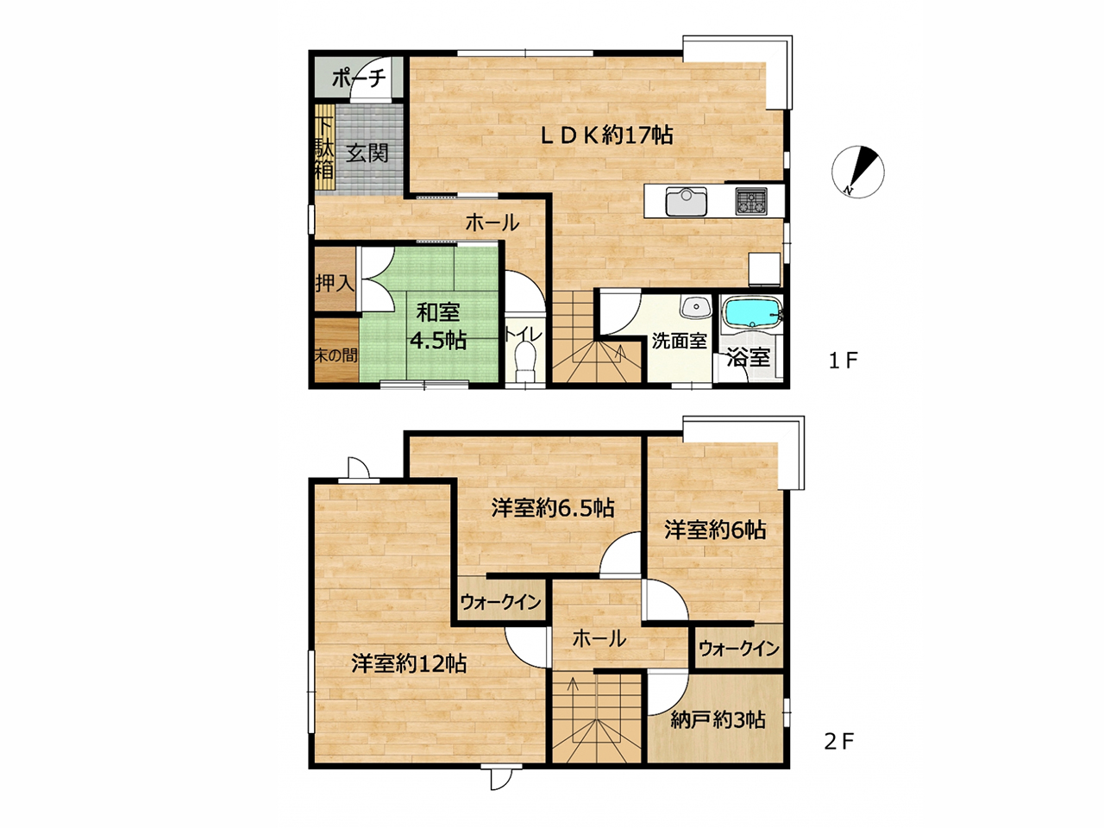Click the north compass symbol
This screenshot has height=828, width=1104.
857,172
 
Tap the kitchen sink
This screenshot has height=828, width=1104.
687,201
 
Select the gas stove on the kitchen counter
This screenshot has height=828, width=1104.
751,201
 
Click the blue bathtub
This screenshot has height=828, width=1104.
752,312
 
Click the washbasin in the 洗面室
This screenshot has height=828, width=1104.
695,306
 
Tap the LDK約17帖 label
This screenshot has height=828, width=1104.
606,135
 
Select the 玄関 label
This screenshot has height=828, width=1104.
367,153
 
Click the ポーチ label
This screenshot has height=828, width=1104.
359,78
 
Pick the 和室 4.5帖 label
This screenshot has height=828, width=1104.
438,327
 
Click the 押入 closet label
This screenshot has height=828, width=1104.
335,283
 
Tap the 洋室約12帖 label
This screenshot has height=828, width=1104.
409,663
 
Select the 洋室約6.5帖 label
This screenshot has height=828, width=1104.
553,508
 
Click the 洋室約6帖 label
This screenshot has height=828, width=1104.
715,530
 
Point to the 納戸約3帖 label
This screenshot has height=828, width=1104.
718,720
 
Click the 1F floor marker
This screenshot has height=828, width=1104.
844,360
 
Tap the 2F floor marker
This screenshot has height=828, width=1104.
839,742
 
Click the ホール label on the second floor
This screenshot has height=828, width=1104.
599,639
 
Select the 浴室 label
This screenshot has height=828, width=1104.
749,358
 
